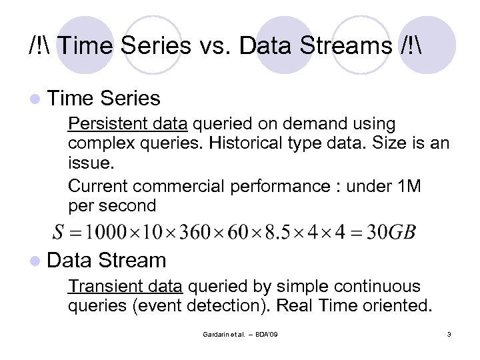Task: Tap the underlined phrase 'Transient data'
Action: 125,287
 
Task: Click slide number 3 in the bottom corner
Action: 449,333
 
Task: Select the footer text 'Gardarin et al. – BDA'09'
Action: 240,333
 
